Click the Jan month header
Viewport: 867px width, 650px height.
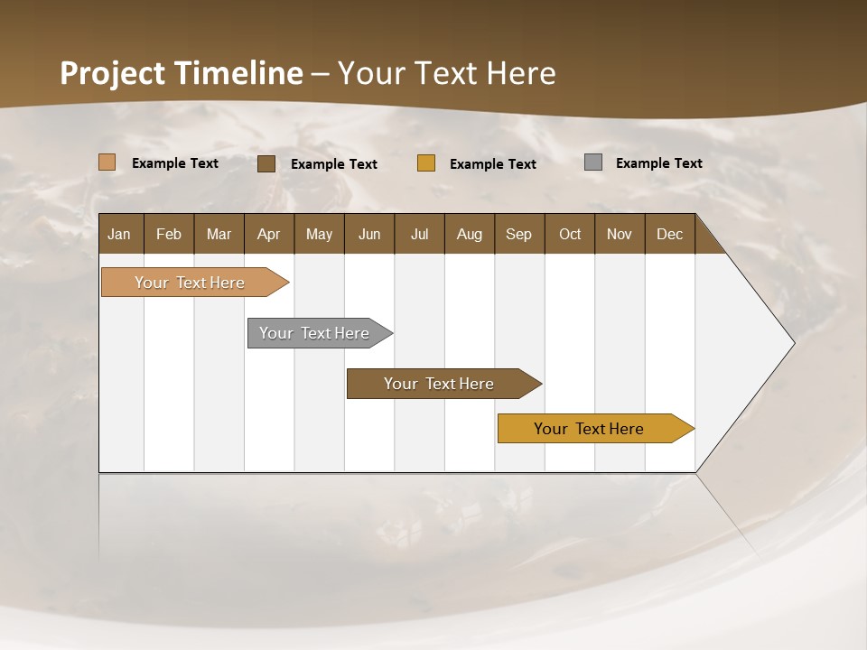120,234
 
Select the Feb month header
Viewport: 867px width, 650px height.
169,234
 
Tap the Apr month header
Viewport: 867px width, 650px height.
268,234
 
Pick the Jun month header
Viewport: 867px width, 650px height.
369,234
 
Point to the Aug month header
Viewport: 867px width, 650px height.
470,234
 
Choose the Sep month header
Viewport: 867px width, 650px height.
519,234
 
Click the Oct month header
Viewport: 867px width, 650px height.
570,234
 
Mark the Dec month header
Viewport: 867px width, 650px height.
670,234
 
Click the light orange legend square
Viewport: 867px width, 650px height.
107,162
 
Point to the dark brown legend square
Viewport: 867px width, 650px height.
266,163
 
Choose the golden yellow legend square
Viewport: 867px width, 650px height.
426,163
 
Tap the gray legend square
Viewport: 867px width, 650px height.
593,162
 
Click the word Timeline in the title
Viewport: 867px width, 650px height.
238,73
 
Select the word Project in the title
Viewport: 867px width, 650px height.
113,73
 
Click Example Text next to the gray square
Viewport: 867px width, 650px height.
658,163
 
